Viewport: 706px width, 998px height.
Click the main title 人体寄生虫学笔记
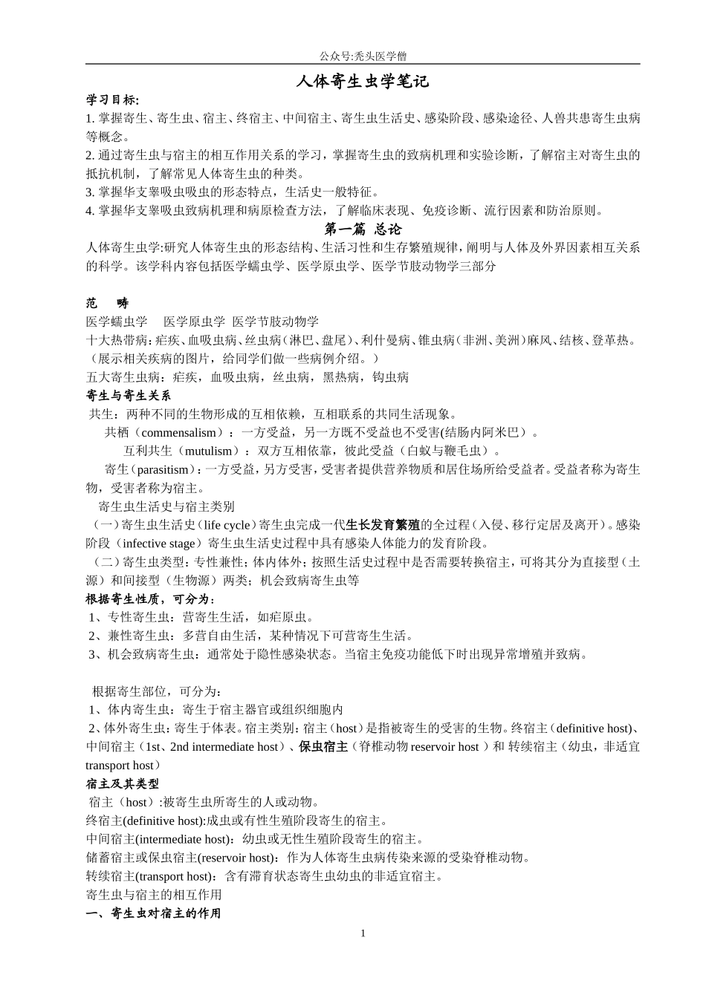(x=363, y=82)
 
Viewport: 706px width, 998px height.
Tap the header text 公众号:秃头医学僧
(x=363, y=56)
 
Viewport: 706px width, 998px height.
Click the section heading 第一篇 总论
(x=363, y=229)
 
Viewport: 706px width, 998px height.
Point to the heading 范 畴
(x=107, y=303)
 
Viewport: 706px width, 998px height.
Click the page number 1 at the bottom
(x=363, y=933)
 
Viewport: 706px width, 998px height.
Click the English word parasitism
(x=161, y=469)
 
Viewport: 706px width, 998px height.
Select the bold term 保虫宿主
(x=323, y=747)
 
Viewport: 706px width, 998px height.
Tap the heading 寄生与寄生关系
(x=129, y=395)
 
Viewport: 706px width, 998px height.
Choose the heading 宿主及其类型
(x=123, y=783)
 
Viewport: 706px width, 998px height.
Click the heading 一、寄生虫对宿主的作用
(x=154, y=913)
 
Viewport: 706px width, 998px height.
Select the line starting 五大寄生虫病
(x=247, y=377)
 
